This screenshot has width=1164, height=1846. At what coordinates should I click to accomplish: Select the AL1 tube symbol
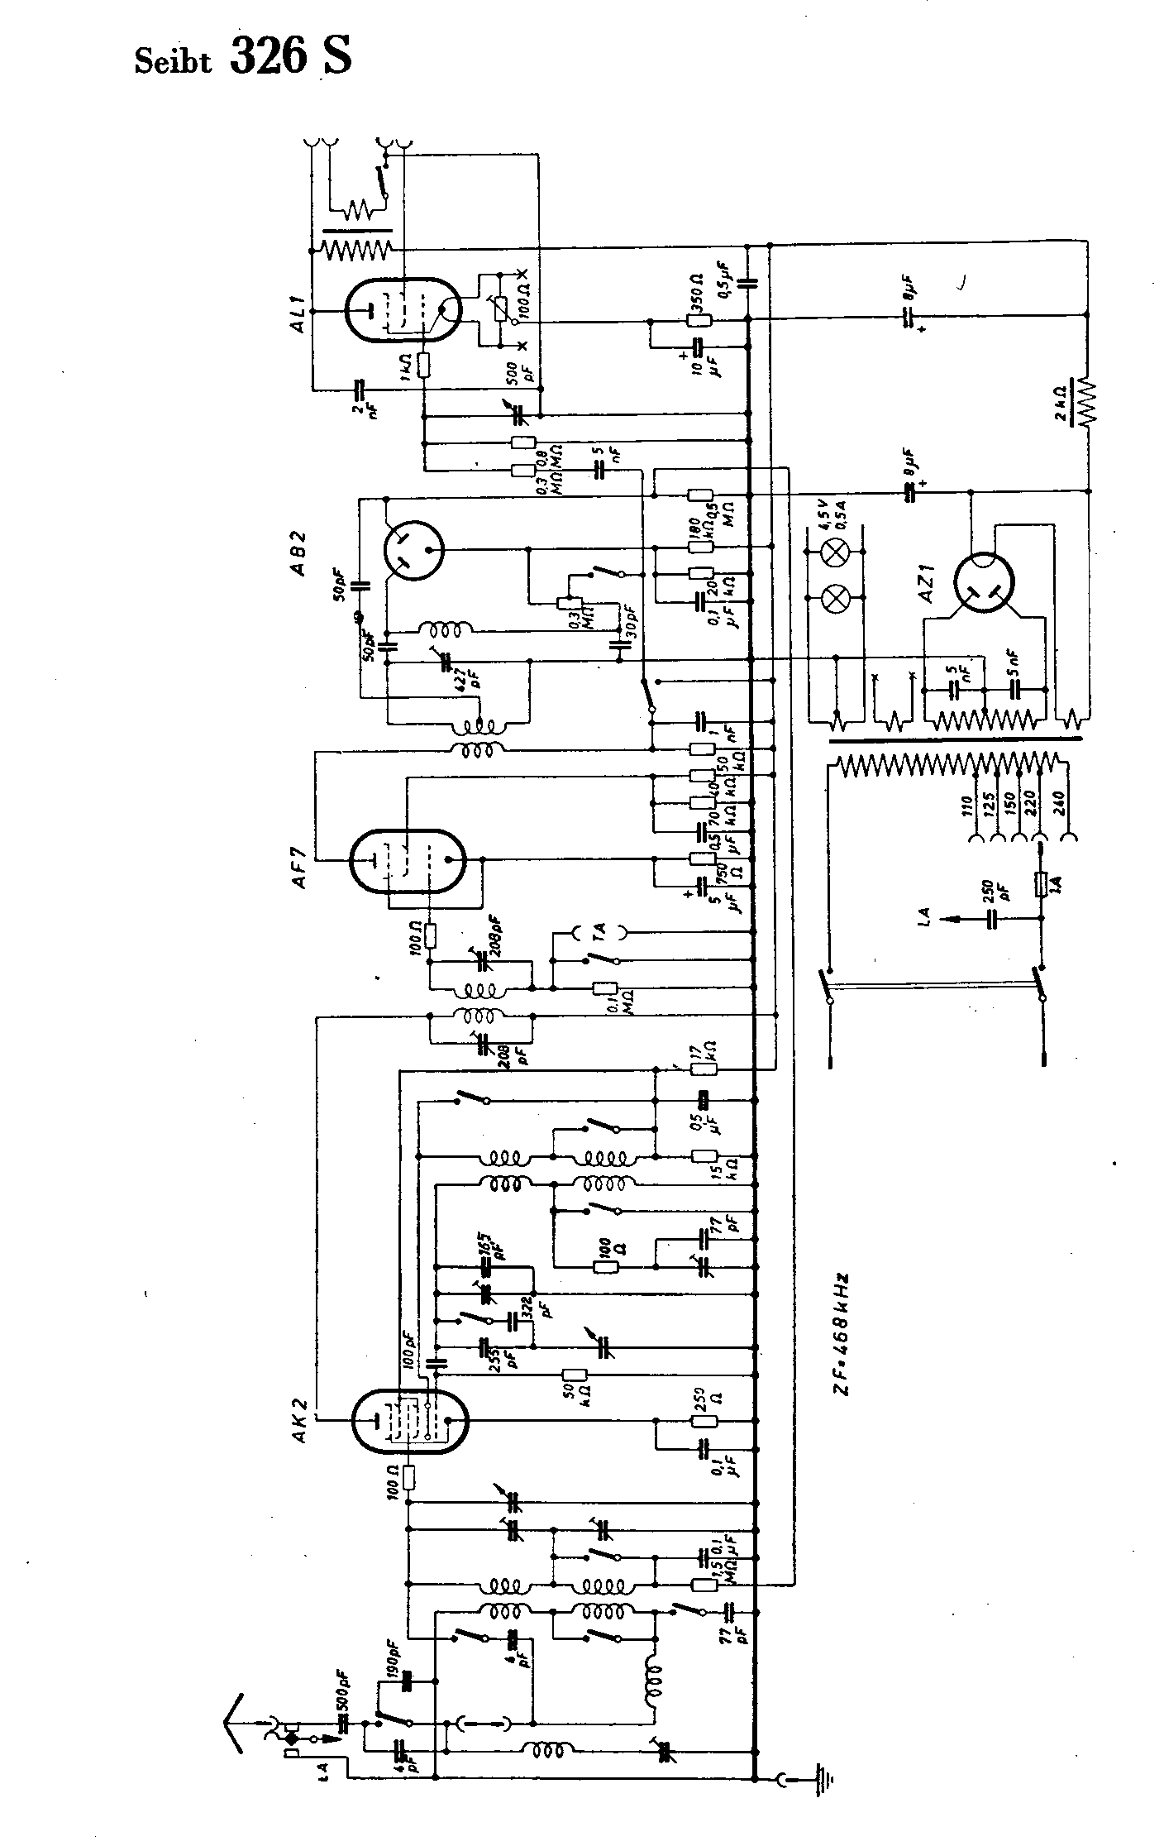coord(403,309)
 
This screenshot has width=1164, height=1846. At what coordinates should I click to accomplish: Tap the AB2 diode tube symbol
coord(413,548)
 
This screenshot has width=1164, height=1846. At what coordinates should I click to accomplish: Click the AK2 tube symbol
coord(408,1421)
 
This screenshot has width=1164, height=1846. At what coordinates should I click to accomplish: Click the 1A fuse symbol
coord(1042,884)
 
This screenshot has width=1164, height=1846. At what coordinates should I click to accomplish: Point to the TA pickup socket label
coord(600,933)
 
